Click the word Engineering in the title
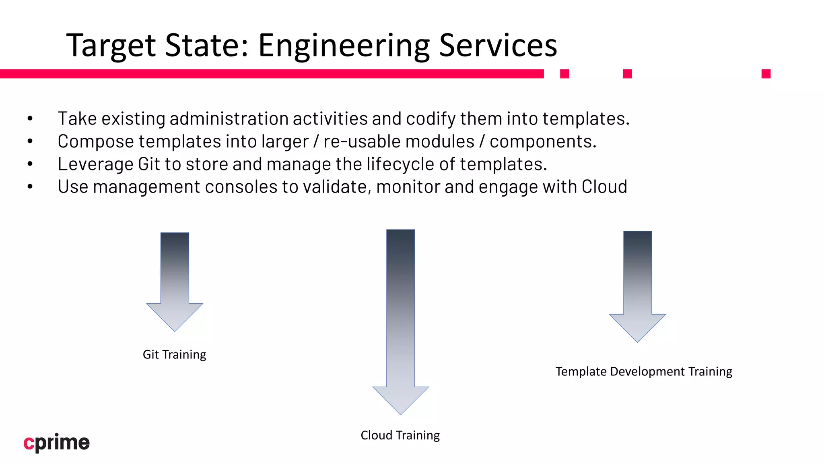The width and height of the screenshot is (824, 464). pos(344,46)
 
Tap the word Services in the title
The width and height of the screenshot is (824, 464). pos(498,46)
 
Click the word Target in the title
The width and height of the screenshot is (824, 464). pos(111,46)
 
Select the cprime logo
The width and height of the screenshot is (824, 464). pos(57,443)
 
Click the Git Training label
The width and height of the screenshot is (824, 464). pos(174,354)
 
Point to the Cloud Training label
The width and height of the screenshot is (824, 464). pos(400,435)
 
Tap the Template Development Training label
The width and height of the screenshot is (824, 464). pos(644,371)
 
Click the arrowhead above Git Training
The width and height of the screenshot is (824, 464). pos(175,317)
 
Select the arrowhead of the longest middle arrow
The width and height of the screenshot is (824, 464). pos(400,400)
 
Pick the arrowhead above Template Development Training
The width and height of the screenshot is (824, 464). pos(637,327)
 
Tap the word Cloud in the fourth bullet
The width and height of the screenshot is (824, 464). pos(604,187)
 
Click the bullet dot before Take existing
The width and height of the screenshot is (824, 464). pos(30,119)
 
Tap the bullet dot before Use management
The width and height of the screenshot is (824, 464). pos(30,187)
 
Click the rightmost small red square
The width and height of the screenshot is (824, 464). pos(766,74)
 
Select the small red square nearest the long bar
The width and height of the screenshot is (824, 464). pos(564,74)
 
